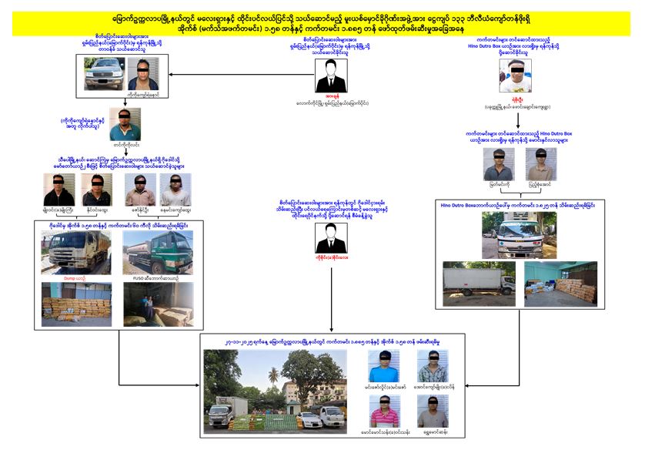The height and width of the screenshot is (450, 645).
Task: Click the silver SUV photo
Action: coord(105,73)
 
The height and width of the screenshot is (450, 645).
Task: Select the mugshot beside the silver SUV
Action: coord(143,73)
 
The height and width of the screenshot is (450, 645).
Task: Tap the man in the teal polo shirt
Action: coord(125,125)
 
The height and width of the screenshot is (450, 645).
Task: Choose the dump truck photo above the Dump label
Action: coord(75,253)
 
